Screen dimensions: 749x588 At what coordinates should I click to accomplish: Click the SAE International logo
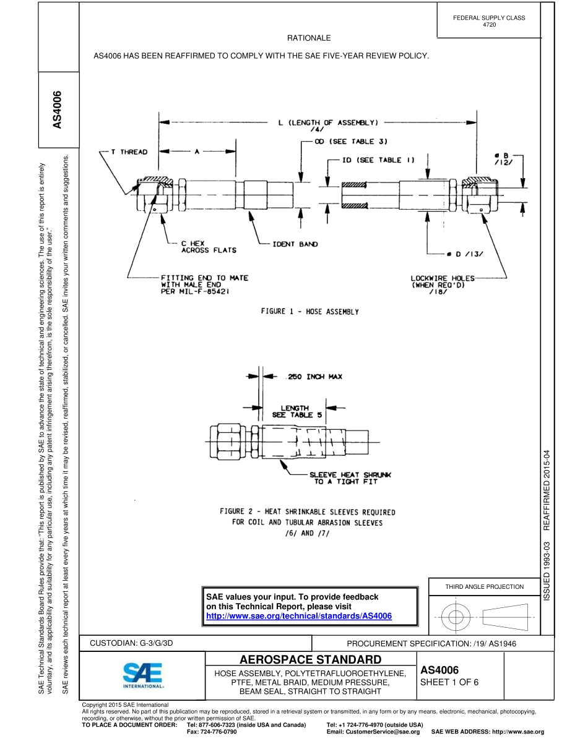pos(143,676)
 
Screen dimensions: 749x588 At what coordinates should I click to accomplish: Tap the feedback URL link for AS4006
pos(299,617)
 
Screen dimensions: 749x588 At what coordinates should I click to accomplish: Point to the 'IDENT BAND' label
pos(295,244)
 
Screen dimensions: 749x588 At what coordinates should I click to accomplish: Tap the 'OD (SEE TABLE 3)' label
pos(351,142)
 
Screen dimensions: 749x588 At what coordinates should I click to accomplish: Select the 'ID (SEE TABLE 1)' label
pos(379,160)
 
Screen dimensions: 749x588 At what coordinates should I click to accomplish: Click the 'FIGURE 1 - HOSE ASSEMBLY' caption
pos(309,312)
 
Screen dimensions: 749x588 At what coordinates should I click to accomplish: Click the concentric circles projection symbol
pos(456,616)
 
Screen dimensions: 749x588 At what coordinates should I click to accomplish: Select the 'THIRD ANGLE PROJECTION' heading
pos(484,586)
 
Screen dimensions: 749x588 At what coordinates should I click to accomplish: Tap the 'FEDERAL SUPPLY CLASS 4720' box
pos(489,21)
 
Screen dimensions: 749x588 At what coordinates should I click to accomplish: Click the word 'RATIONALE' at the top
pos(308,38)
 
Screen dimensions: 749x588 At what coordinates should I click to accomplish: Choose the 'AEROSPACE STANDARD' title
pos(310,659)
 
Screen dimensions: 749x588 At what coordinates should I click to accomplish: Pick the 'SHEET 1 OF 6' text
pos(449,683)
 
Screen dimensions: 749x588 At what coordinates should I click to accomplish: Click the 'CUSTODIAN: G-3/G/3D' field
pos(132,643)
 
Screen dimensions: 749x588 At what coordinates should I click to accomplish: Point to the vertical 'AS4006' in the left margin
pos(58,111)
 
